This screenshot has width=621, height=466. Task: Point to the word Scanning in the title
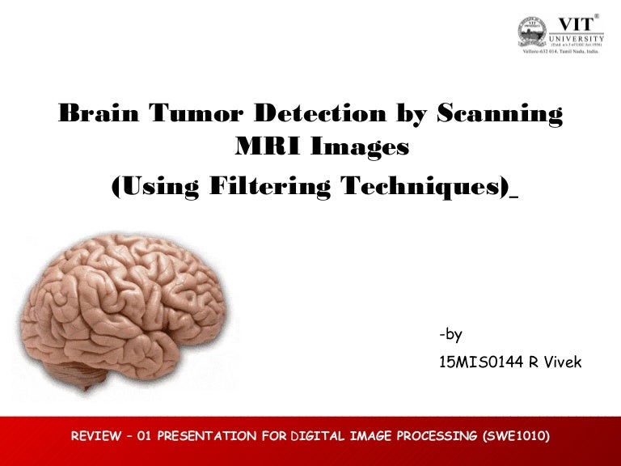click(x=499, y=114)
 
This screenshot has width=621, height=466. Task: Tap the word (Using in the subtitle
click(x=154, y=187)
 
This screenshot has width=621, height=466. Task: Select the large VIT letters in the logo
click(x=577, y=24)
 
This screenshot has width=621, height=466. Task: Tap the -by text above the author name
click(x=450, y=334)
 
